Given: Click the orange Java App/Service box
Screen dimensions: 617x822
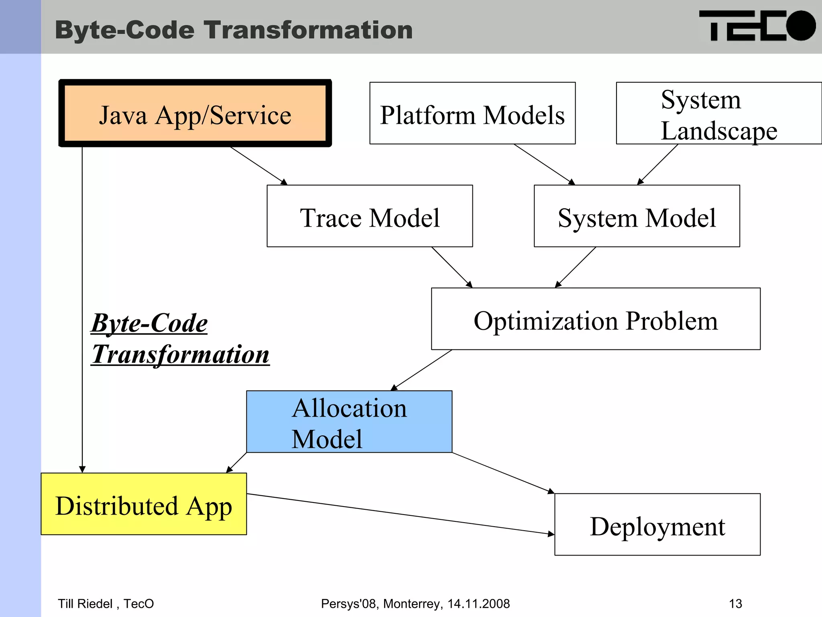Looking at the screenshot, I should [195, 114].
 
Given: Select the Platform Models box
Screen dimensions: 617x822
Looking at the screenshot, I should [472, 114].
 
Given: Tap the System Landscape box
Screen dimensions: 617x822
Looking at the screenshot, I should [718, 114].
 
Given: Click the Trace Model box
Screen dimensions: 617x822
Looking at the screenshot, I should [370, 216].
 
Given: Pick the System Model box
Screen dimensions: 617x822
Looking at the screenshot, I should [637, 216].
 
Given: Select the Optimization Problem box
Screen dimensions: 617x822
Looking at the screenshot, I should [596, 319].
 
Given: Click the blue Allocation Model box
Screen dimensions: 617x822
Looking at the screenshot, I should [349, 422].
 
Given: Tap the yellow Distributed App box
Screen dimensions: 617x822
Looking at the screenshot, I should [144, 504].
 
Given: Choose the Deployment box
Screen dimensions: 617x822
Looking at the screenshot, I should [657, 525].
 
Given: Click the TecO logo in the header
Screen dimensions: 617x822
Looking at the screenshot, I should [757, 26].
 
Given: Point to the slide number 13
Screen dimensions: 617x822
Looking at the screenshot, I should [735, 604].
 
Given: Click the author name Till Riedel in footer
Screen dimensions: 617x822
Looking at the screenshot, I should [85, 604].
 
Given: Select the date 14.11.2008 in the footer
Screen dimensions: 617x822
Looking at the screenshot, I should [478, 604].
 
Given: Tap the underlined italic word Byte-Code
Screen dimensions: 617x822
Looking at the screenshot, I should [149, 323].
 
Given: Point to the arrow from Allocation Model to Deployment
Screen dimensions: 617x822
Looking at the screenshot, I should [503, 473].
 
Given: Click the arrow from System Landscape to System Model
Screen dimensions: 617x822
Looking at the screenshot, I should [657, 165].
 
